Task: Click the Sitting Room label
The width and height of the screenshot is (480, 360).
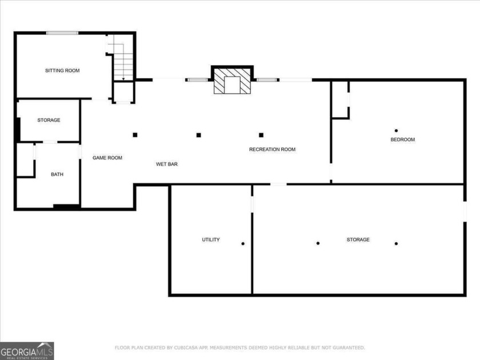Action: point(62,71)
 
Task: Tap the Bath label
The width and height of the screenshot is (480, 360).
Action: point(57,174)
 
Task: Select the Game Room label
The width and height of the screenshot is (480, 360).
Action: point(107,158)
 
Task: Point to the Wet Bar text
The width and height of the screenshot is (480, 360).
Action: point(167,164)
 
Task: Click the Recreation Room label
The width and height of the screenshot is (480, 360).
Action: point(272,150)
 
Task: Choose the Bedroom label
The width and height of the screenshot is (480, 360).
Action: point(402,139)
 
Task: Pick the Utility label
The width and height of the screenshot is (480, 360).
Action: point(210,239)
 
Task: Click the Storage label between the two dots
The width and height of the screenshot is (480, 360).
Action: point(358,239)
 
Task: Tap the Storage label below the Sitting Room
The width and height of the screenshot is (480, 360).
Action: point(49,120)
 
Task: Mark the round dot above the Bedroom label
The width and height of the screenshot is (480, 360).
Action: point(396,130)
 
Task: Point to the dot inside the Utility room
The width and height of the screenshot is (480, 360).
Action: point(243,244)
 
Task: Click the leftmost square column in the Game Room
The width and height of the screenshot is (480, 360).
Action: point(135,135)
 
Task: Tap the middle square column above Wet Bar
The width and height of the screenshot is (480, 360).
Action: point(199,135)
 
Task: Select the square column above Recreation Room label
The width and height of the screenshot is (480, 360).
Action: point(261,135)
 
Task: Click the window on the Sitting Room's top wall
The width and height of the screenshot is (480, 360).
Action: point(62,33)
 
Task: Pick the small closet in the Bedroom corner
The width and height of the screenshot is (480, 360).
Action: point(340,99)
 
